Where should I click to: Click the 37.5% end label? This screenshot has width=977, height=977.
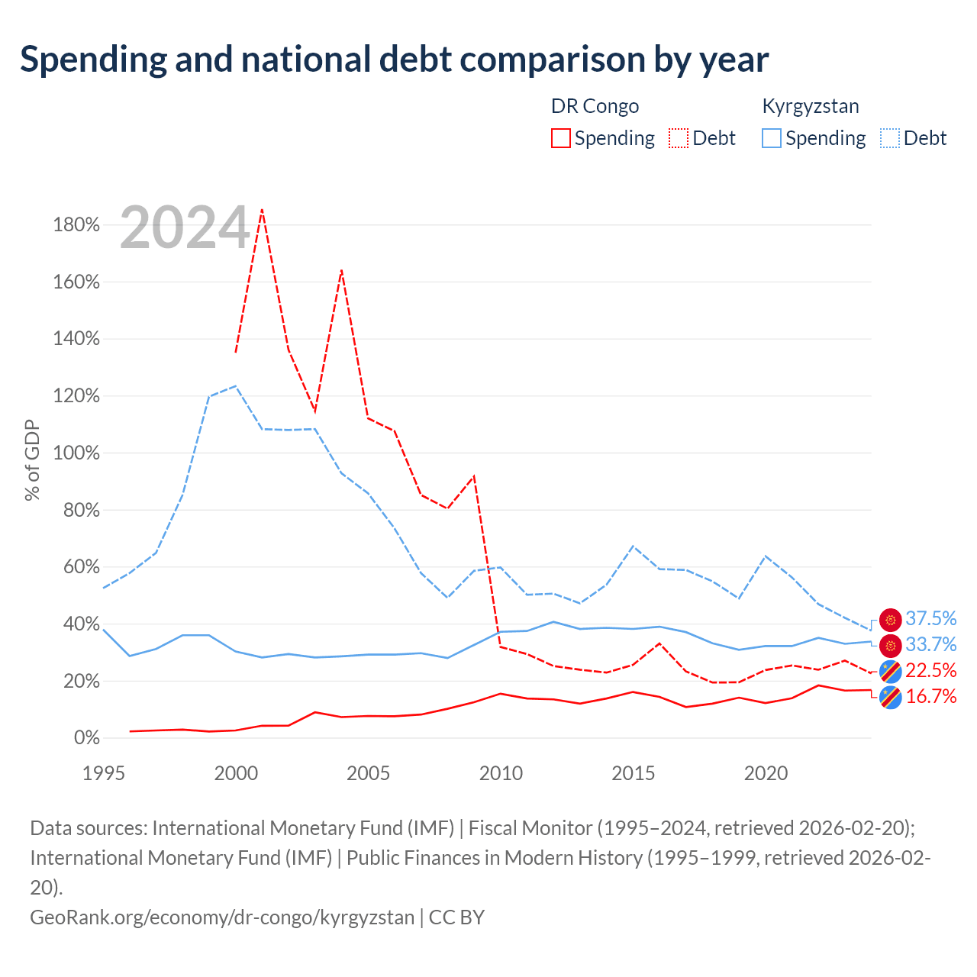click(x=930, y=618)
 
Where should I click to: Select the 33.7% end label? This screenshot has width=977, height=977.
click(x=930, y=644)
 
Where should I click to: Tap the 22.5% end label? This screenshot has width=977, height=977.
click(x=930, y=670)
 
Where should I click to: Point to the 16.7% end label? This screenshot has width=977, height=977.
click(x=930, y=696)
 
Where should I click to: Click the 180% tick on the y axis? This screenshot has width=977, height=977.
click(x=76, y=224)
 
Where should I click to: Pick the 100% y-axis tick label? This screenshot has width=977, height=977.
click(x=76, y=453)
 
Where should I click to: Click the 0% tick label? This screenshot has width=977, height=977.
click(x=87, y=737)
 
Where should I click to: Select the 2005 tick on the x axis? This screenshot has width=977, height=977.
click(x=368, y=773)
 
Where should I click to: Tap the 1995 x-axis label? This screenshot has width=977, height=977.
click(x=104, y=773)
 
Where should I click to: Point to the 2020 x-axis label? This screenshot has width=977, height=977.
click(x=766, y=773)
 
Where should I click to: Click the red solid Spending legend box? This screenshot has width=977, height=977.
click(x=561, y=138)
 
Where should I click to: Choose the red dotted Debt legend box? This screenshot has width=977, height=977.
click(x=679, y=138)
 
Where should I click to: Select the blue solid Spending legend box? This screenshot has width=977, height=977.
click(x=772, y=138)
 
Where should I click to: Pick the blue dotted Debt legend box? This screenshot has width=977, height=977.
click(x=890, y=138)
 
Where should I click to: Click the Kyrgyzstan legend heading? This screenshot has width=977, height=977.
click(x=811, y=107)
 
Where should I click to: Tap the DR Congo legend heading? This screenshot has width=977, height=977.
click(x=595, y=106)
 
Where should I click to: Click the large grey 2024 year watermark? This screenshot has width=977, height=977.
click(x=185, y=227)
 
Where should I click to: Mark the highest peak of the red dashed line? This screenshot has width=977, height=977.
click(x=262, y=209)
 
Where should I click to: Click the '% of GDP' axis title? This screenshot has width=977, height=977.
click(x=31, y=459)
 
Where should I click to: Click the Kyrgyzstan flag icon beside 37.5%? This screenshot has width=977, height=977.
click(x=890, y=619)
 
